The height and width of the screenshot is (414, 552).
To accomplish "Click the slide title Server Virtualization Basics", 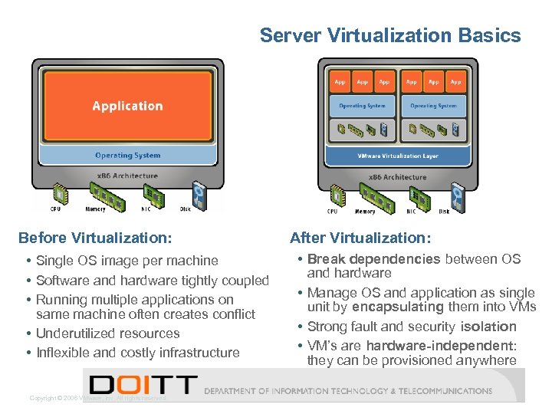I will tap(390, 35).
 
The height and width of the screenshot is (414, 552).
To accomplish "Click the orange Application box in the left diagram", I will tap(127, 106).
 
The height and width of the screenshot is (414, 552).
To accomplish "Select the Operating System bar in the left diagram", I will tap(127, 156).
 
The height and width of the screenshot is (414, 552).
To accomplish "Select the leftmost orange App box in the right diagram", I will tap(340, 81).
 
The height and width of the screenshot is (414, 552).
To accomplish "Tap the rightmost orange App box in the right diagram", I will tap(455, 81).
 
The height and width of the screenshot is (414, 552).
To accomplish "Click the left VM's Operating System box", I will tap(362, 106).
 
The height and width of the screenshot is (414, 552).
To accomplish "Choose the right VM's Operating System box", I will tap(433, 106).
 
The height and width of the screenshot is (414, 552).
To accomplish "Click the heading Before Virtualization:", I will tap(94, 238).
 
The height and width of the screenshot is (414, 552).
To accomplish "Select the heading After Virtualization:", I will tap(360, 238).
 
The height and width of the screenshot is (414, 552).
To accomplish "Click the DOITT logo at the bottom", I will tap(143, 386).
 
